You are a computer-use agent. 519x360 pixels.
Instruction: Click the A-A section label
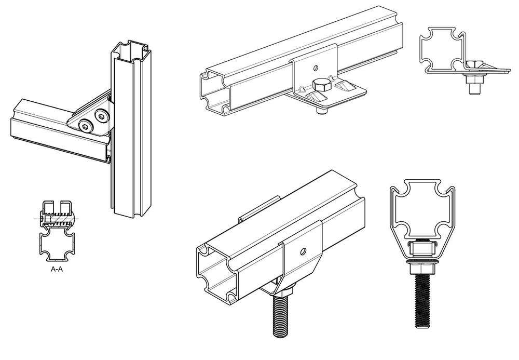point(57,269)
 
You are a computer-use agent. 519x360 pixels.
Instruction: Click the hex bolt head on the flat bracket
point(321,85)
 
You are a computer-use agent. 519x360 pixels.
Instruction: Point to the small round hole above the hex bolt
point(316,68)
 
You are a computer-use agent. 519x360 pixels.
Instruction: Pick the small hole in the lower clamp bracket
point(303,252)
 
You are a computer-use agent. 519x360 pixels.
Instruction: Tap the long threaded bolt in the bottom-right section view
point(422,301)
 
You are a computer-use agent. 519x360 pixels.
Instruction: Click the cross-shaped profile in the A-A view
point(57,246)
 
